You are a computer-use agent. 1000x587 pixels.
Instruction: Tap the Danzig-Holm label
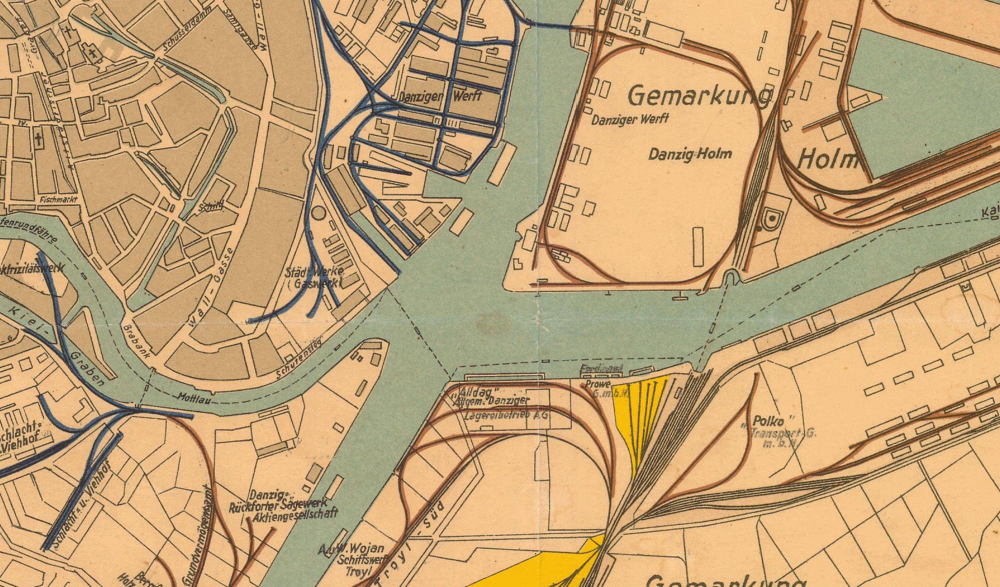(x=690, y=154)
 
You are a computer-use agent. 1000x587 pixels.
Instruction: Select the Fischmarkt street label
(x=59, y=199)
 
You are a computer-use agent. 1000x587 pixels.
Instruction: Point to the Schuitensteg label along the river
(x=299, y=359)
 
